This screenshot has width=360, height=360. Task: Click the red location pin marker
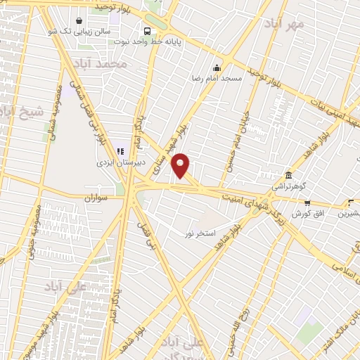click(181, 165)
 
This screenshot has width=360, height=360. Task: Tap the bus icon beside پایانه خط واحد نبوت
click(147, 31)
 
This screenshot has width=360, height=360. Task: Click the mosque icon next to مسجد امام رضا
click(217, 68)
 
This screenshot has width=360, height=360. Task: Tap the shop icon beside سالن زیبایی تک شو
click(77, 22)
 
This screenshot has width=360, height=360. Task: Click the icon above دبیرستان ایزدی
click(119, 150)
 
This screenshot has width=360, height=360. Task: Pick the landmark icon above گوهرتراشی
click(289, 175)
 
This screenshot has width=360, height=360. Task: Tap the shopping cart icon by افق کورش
click(307, 202)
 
